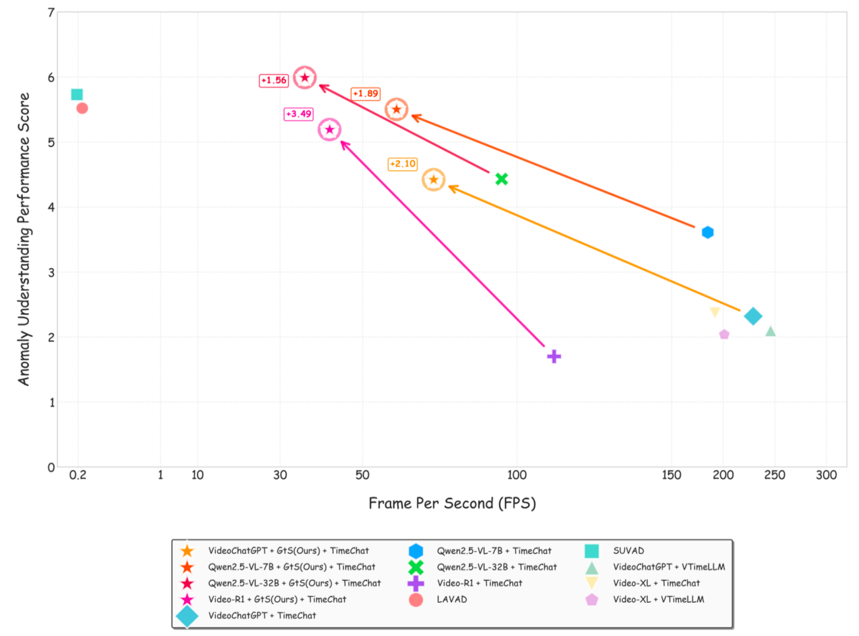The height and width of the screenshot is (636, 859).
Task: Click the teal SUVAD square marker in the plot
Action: (x=76, y=94)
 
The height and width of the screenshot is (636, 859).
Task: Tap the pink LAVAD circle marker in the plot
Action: (x=82, y=108)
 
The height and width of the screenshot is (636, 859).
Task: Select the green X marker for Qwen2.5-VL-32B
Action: (x=502, y=179)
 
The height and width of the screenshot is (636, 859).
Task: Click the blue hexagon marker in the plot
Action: (x=707, y=232)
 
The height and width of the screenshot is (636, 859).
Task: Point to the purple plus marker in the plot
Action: (x=554, y=356)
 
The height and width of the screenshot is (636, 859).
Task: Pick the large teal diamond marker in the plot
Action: (x=753, y=316)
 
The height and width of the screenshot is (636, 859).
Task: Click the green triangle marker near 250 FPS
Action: (x=770, y=331)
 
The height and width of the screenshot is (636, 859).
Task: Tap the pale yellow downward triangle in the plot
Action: (x=715, y=312)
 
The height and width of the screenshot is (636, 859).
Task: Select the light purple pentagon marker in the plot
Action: (x=724, y=335)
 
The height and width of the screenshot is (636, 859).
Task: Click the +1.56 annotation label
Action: (x=274, y=81)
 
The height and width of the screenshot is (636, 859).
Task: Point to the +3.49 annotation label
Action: (x=299, y=114)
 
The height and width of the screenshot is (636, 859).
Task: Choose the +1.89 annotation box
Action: (x=365, y=93)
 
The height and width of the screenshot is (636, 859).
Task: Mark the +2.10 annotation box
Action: (x=403, y=164)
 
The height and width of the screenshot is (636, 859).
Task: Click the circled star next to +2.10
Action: (x=434, y=179)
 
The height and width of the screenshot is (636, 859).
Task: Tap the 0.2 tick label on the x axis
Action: (x=78, y=475)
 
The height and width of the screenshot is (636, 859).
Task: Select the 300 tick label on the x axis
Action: (x=827, y=475)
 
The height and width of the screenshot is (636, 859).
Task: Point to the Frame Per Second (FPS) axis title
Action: (x=451, y=503)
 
